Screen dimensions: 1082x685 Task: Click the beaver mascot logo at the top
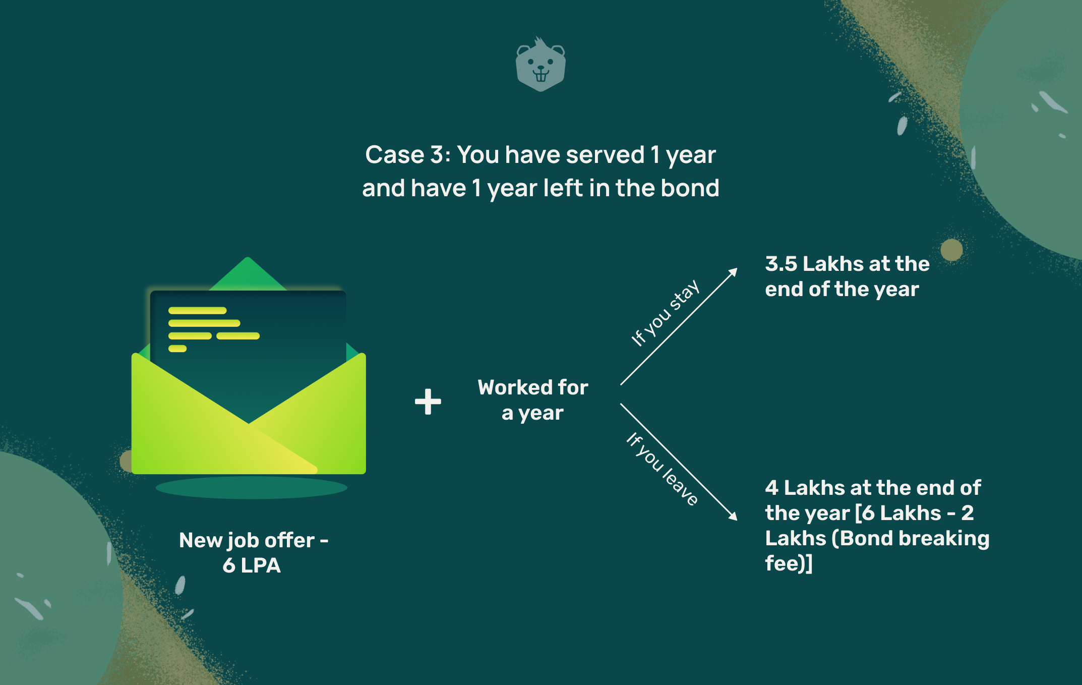pos(540,64)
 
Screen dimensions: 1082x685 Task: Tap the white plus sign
pos(428,402)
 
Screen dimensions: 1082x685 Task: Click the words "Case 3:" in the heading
pos(407,154)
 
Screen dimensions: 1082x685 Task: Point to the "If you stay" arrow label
pos(665,313)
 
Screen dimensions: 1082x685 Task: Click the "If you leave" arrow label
pos(662,469)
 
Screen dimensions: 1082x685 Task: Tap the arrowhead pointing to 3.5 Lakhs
pos(734,272)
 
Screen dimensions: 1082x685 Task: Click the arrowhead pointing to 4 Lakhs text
pos(733,516)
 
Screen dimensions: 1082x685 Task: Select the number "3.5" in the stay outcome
pos(781,264)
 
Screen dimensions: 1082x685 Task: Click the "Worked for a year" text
pos(533,400)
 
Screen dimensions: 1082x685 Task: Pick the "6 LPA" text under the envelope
pos(252,565)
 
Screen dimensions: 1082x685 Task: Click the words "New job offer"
pos(247,541)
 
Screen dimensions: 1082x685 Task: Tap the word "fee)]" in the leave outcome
pos(789,563)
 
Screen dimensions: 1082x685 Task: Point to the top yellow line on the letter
pos(198,311)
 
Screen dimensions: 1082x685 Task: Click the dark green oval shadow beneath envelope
pos(252,488)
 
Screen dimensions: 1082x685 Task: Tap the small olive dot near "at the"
pos(952,250)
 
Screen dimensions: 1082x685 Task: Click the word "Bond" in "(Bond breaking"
pos(867,538)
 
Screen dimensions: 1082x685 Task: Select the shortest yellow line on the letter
pos(177,349)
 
